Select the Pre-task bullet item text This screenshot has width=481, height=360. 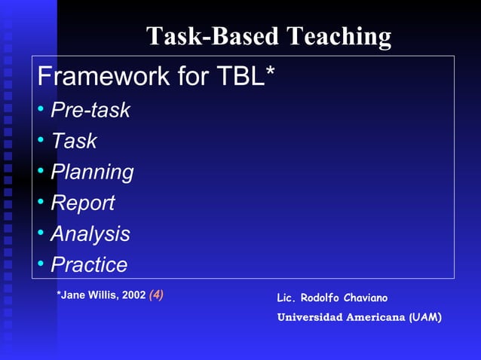[x=90, y=111]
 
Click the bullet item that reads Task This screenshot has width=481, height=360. [x=74, y=142]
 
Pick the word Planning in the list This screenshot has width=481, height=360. [x=92, y=172]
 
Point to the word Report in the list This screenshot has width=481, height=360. [x=82, y=203]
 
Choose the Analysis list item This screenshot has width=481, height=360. [x=90, y=234]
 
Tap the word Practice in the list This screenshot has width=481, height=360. [x=89, y=265]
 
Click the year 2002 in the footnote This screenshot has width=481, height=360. [x=133, y=295]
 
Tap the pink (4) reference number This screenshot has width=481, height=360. [x=156, y=295]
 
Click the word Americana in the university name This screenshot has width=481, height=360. [x=376, y=317]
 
